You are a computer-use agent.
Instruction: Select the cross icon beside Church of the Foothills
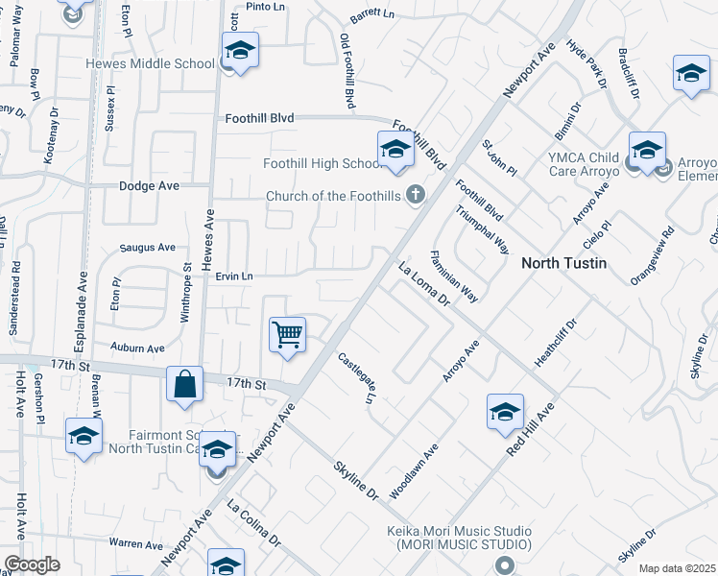[x=416, y=196]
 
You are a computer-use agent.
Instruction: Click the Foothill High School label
[x=324, y=163]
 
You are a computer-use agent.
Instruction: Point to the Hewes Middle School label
[x=150, y=63]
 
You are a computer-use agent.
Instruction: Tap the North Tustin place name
[x=563, y=262]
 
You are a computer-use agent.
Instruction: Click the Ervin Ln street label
[x=233, y=276]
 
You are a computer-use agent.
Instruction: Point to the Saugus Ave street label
[x=148, y=247]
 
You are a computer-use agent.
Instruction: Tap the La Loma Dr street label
[x=423, y=285]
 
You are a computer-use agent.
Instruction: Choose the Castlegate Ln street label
[x=355, y=377]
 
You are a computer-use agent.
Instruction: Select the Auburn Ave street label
[x=138, y=348]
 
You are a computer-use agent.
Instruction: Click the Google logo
[x=32, y=564]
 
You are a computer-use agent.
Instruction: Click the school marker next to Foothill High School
[x=395, y=150]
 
